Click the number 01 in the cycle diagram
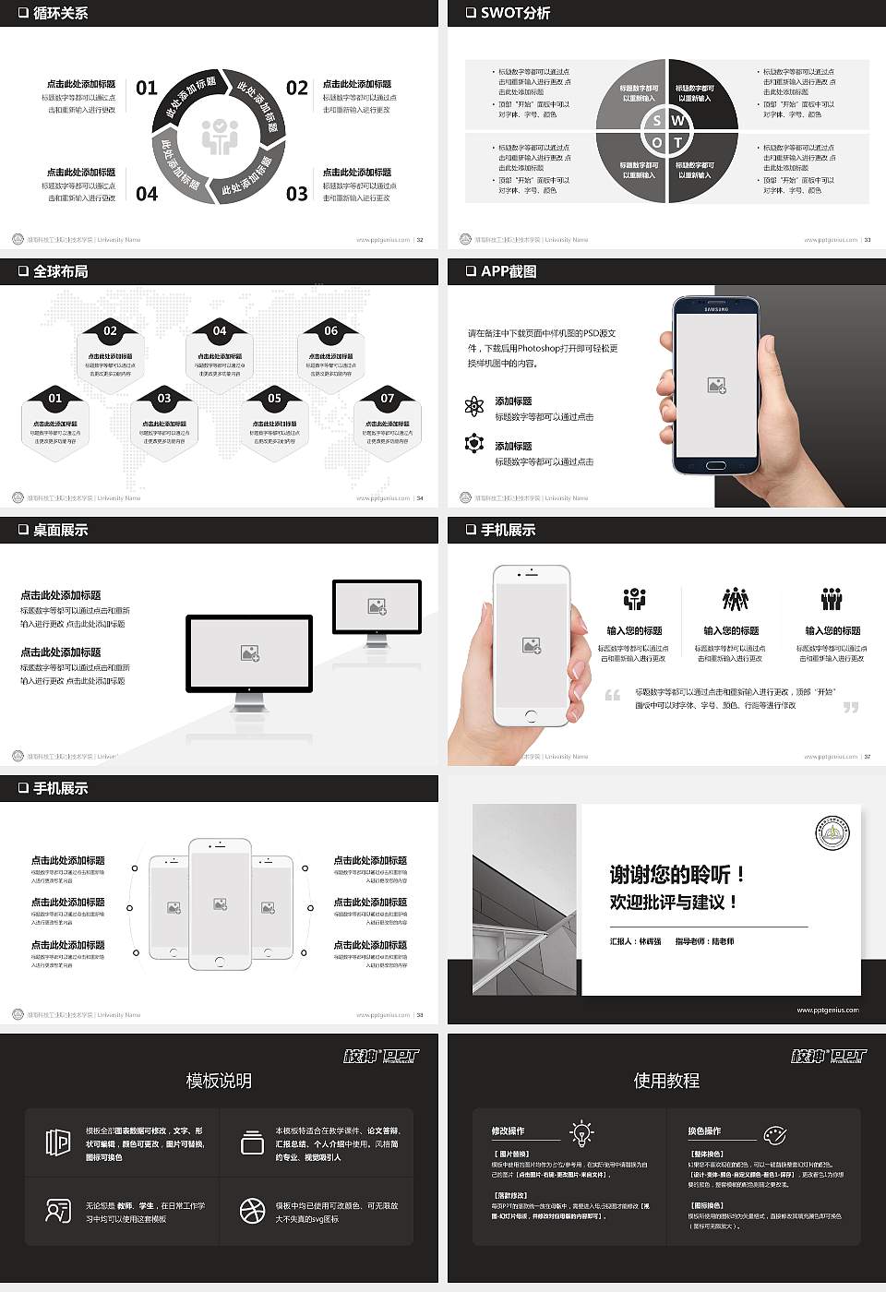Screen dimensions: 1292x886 [x=147, y=88]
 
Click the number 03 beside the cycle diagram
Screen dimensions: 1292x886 [x=296, y=194]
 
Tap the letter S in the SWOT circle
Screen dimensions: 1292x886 [x=656, y=120]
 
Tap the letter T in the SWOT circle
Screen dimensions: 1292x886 [x=677, y=142]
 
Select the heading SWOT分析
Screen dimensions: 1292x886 [x=515, y=13]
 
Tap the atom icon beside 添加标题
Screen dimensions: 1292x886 [x=474, y=406]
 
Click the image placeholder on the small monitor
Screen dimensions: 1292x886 [x=377, y=606]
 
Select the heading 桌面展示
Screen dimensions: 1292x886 [x=61, y=530]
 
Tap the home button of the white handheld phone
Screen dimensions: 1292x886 [x=531, y=716]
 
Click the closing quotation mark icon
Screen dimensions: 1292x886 [x=850, y=707]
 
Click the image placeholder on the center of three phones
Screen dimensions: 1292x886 [x=220, y=904]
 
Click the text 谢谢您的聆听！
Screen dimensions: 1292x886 [x=676, y=874]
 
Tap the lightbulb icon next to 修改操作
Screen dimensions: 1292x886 [x=581, y=1132]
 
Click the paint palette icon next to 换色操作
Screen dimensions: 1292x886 [x=775, y=1134]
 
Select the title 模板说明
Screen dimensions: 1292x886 [x=219, y=1081]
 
